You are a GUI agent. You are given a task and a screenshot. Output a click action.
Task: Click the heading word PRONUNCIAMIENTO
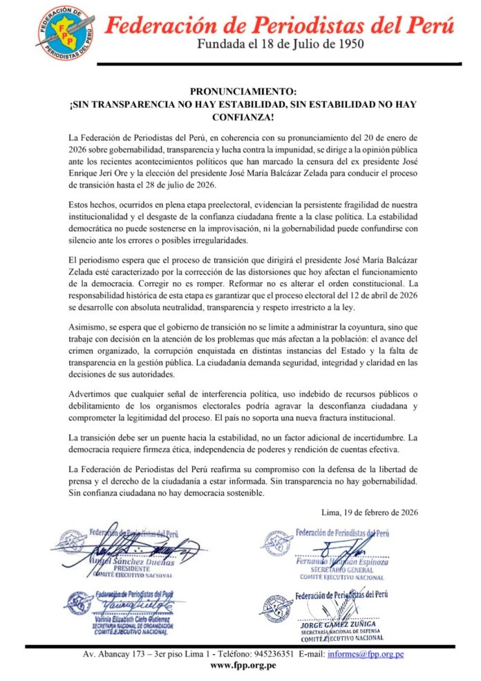pos(243,91)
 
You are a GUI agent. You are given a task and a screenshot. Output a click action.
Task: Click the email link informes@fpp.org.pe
pos(366,653)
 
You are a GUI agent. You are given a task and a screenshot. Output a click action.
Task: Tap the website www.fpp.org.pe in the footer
pos(243,666)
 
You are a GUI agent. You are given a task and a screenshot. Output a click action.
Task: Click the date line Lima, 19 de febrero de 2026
pos(370,513)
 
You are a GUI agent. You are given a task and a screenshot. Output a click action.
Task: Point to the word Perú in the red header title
pos(429,26)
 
